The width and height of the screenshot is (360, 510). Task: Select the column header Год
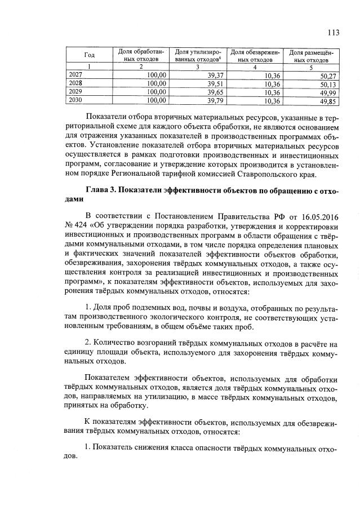point(89,55)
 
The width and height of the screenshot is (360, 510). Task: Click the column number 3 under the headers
point(198,68)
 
